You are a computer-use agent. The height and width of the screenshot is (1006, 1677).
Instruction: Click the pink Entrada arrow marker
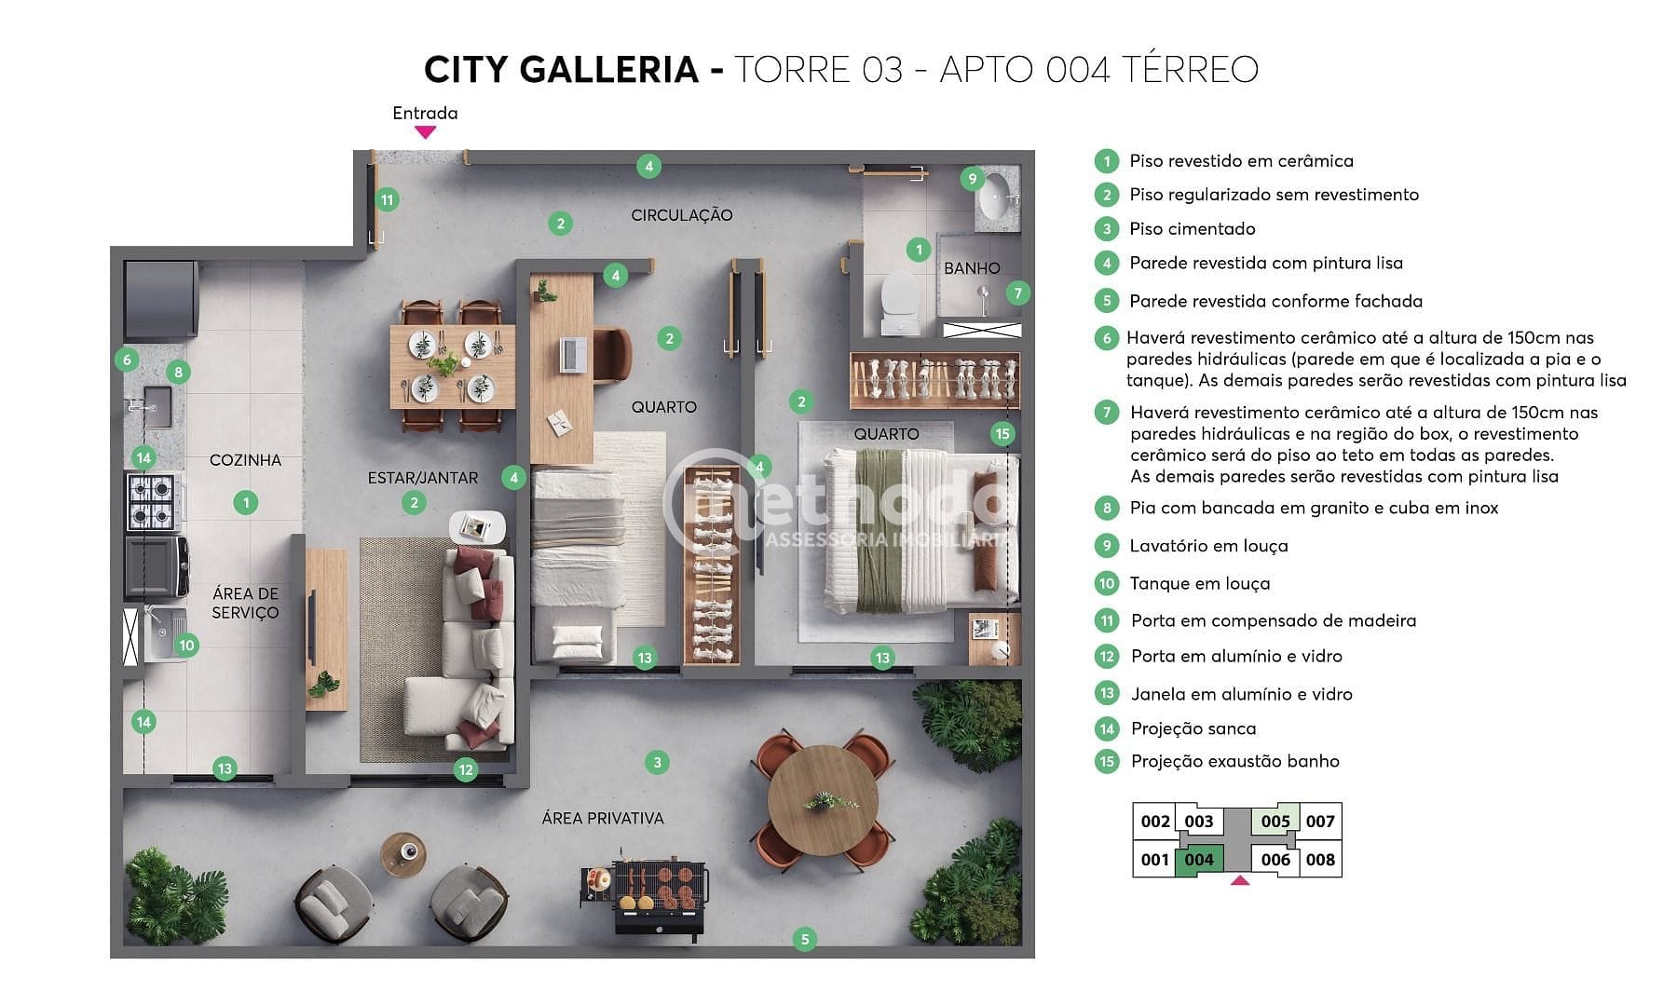(x=425, y=132)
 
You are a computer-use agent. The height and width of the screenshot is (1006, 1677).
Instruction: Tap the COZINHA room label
(x=245, y=460)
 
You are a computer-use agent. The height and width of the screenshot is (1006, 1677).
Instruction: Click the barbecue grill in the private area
(x=661, y=892)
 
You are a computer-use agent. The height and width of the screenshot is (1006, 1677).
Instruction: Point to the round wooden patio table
(x=823, y=799)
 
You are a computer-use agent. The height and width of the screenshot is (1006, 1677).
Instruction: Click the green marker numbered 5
(x=805, y=939)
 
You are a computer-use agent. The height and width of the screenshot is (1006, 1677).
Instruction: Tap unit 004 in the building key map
(x=1198, y=860)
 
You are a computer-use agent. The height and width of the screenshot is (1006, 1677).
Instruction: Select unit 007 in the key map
(x=1319, y=822)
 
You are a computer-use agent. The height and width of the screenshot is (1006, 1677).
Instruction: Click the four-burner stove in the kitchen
(x=151, y=502)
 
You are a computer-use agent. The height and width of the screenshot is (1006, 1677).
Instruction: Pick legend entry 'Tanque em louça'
(x=1199, y=584)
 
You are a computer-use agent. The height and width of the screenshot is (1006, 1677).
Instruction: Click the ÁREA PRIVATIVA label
(x=603, y=819)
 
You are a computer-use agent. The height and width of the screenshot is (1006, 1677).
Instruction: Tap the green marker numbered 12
(x=466, y=769)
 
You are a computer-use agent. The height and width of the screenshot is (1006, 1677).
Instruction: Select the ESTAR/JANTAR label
(x=422, y=478)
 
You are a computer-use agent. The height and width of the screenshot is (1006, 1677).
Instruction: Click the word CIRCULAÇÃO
(x=681, y=215)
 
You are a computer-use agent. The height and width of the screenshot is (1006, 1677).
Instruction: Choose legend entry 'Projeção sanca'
(x=1193, y=729)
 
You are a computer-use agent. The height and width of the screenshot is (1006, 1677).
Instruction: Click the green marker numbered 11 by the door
(x=388, y=199)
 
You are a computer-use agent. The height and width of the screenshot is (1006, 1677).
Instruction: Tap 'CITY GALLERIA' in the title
(x=560, y=70)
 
